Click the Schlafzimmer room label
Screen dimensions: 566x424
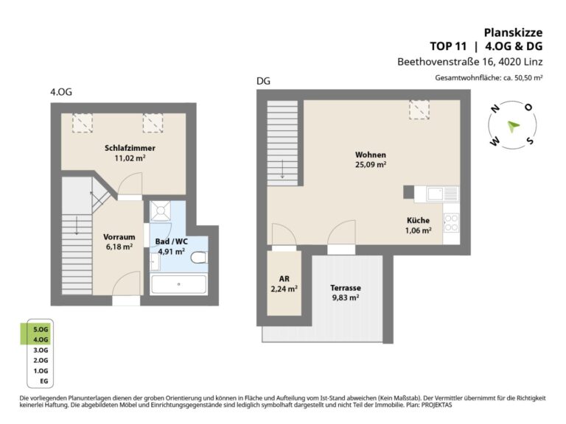pyautogui.click(x=130, y=148)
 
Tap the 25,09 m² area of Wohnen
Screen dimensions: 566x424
pyautogui.click(x=371, y=165)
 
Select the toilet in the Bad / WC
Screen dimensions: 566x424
pyautogui.click(x=199, y=258)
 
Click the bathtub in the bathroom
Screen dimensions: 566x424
pyautogui.click(x=178, y=284)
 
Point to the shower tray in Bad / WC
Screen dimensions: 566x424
pyautogui.click(x=161, y=211)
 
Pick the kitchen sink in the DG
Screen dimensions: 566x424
pyautogui.click(x=443, y=194)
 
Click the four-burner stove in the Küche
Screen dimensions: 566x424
pyautogui.click(x=451, y=223)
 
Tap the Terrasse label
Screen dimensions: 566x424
pyautogui.click(x=346, y=288)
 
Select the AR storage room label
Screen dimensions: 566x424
pyautogui.click(x=284, y=279)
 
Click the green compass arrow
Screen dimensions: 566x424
pyautogui.click(x=513, y=126)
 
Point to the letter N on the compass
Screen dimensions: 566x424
pyautogui.click(x=495, y=108)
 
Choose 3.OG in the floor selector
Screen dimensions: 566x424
pyautogui.click(x=41, y=350)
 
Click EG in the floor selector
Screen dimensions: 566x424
pyautogui.click(x=43, y=381)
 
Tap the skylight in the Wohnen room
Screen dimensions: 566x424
pyautogui.click(x=419, y=110)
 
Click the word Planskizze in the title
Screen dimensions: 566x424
pyautogui.click(x=513, y=32)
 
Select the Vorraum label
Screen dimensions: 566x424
pyautogui.click(x=119, y=237)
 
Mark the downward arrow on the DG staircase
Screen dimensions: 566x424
pyautogui.click(x=282, y=169)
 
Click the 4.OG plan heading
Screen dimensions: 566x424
pyautogui.click(x=61, y=92)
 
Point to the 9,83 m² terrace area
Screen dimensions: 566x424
pyautogui.click(x=346, y=298)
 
